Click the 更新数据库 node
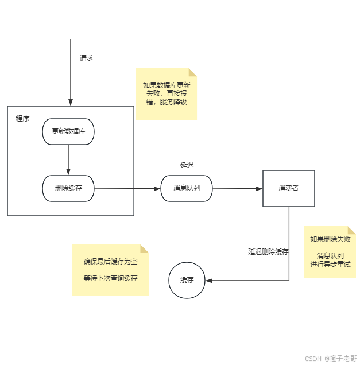[x=68, y=131]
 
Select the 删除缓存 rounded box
[x=68, y=188]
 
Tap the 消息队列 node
[x=187, y=188]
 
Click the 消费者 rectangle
[x=288, y=188]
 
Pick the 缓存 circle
[x=187, y=281]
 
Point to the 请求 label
[x=86, y=58]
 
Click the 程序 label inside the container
[x=23, y=119]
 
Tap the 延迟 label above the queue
[x=187, y=165]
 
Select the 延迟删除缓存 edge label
[x=268, y=251]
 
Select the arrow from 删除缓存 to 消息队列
[x=126, y=188]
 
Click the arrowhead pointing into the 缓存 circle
[x=209, y=281]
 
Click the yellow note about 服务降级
[x=167, y=94]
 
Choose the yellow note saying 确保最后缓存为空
[x=110, y=270]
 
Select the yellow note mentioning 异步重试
[x=330, y=252]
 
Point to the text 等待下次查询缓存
[x=111, y=278]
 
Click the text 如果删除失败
[x=330, y=239]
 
